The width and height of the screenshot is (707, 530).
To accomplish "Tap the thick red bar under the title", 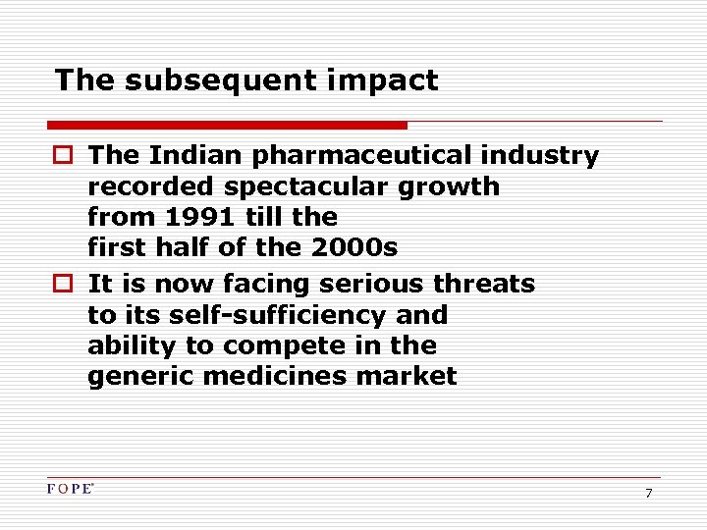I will point(227,126).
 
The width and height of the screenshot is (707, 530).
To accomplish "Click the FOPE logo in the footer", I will point(70,489).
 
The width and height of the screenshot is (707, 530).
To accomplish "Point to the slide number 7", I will point(648,493).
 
